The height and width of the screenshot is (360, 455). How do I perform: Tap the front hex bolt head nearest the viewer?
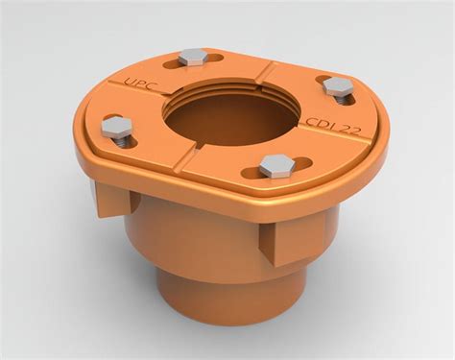(275, 164)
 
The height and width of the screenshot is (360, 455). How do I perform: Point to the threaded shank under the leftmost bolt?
(119, 141)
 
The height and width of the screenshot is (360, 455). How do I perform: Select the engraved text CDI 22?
(332, 128)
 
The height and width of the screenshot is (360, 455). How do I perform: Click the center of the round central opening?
(229, 114)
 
